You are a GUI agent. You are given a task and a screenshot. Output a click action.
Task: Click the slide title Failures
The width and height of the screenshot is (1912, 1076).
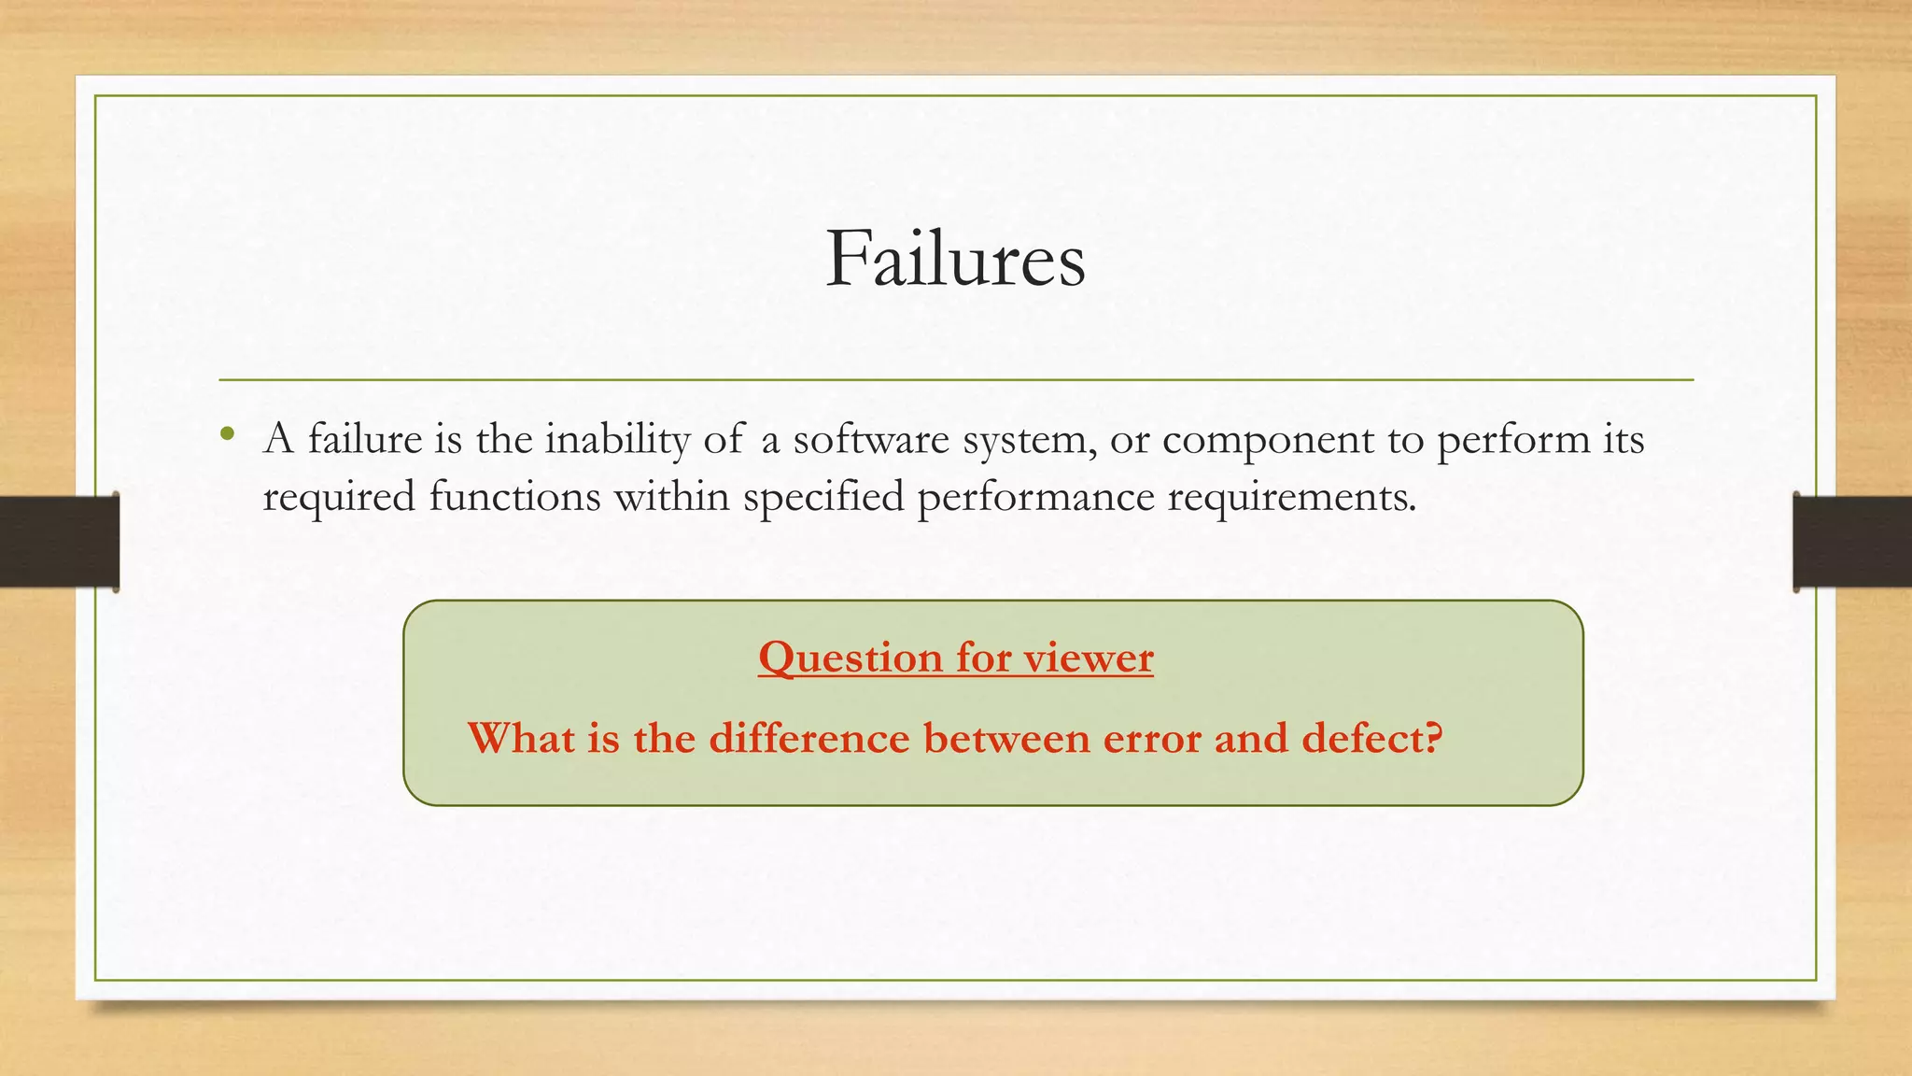click(955, 259)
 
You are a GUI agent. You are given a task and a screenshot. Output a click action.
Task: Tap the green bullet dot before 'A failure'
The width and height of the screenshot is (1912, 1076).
click(227, 434)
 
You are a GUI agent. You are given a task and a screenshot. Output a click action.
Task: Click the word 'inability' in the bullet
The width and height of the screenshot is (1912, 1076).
click(616, 439)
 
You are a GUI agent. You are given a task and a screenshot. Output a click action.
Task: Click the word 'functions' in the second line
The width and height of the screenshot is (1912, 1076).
click(514, 496)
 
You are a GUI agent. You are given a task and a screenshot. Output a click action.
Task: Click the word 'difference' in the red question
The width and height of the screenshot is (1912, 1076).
click(808, 738)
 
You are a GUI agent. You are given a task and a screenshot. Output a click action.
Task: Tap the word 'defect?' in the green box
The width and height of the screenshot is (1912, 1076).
click(1372, 738)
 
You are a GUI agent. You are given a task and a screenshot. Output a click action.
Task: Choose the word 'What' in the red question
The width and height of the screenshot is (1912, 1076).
click(521, 738)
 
